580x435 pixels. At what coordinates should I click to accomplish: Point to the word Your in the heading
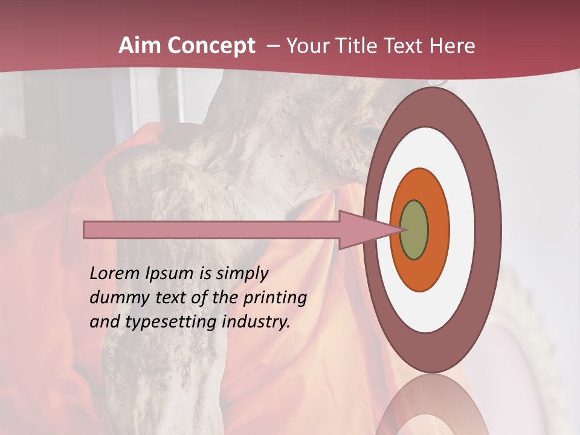pos(306,46)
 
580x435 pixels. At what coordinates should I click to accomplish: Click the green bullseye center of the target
pos(414,230)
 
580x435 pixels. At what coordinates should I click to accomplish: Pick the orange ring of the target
pos(437,230)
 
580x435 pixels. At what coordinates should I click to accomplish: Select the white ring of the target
pos(462,230)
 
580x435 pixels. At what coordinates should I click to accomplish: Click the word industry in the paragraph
pos(256,323)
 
